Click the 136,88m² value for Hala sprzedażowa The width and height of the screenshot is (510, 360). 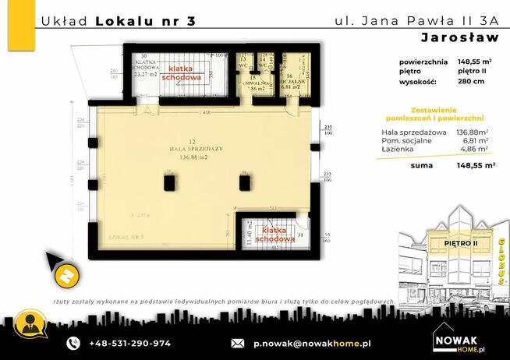point(472,132)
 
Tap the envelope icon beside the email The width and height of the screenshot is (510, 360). point(239,343)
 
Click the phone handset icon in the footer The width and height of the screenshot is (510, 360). point(73,343)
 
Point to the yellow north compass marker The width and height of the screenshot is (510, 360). point(66,274)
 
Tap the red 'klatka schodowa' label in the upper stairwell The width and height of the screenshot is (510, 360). point(181,73)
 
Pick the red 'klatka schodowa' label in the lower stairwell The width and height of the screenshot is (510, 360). point(277,235)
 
